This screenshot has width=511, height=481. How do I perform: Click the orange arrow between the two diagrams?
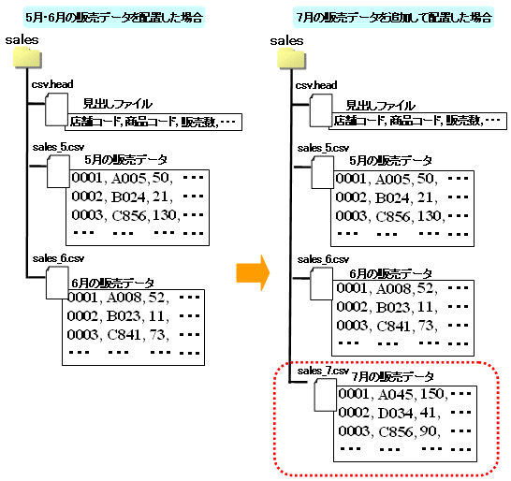pos(253,272)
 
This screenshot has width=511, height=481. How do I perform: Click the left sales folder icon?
pos(27,58)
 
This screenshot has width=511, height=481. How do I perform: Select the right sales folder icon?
pos(291,59)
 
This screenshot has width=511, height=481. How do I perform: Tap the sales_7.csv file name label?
pos(323,371)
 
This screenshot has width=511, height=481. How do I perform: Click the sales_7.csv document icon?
pos(326,396)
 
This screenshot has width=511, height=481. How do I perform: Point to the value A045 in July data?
pos(396,394)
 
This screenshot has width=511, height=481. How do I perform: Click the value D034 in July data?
pos(396,414)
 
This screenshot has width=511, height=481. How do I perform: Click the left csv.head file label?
pos(52,84)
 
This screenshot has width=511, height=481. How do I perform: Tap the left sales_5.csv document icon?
pos(58,171)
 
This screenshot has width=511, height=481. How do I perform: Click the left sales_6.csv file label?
pos(58,259)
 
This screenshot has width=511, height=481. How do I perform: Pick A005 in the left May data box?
pos(129,178)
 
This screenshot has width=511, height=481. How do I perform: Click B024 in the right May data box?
pos(392,197)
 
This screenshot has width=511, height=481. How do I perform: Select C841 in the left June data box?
pos(124,335)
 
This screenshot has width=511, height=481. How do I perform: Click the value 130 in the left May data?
pos(165,215)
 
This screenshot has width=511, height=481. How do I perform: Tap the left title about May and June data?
pos(114,17)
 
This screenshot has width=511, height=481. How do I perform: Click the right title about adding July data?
pos(394,17)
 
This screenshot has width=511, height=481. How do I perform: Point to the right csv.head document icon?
pos(321,110)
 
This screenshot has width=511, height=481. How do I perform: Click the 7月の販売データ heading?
pos(392,377)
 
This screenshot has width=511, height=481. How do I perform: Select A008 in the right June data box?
pos(394,289)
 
